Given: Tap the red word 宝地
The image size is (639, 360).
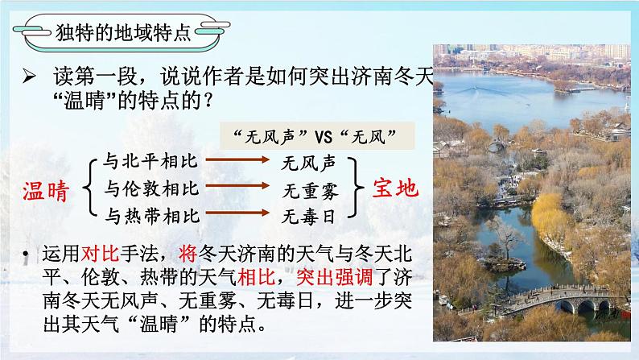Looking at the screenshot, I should pos(395,188).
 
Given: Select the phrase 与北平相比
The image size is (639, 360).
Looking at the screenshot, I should pos(152,161).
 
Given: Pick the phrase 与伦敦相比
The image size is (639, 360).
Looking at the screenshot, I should pos(152,188).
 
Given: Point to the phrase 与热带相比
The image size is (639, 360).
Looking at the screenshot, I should pos(152,215).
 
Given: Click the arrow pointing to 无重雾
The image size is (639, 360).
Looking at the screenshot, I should pos(237,188).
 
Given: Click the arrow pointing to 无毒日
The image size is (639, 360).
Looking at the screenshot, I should pos(237,214).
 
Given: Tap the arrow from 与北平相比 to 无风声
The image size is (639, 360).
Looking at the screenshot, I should pos(237,159).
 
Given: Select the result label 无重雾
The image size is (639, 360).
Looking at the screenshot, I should pos(308,190).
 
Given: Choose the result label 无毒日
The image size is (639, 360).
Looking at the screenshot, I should pos(308,216).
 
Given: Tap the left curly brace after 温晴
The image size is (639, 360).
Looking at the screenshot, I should pos(90,188).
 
